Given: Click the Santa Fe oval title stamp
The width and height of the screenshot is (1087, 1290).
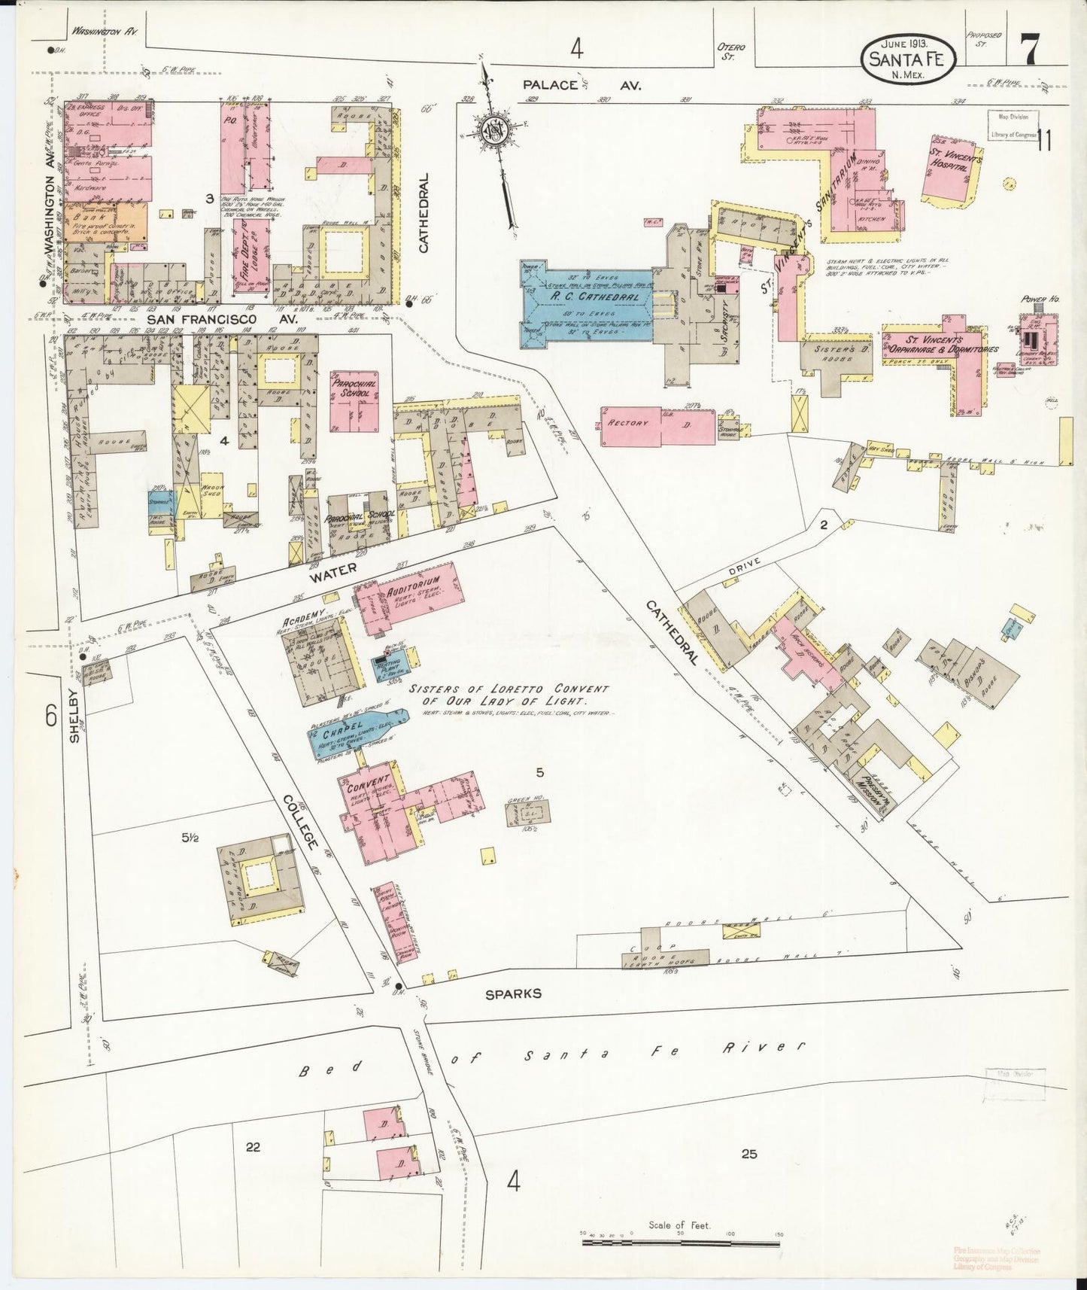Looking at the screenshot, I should [x=909, y=59].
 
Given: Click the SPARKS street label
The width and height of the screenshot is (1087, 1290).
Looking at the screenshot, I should [x=513, y=993].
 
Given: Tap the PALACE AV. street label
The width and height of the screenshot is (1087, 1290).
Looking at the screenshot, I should [x=582, y=86].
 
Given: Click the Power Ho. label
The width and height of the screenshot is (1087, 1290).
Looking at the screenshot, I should [x=1040, y=299].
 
